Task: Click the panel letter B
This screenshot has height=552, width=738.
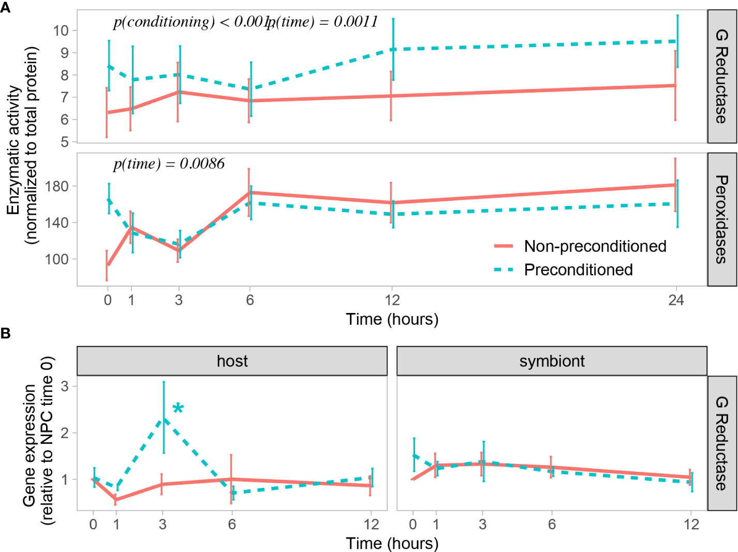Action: [6, 334]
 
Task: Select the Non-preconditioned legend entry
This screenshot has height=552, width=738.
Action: [595, 246]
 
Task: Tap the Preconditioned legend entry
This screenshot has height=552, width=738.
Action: [578, 270]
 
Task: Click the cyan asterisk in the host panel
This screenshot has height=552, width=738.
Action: [178, 409]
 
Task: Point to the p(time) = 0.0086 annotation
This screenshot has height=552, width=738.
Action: [169, 164]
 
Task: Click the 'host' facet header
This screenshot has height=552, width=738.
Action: [232, 361]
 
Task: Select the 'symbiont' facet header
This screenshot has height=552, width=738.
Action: [552, 361]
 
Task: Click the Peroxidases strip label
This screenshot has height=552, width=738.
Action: [721, 219]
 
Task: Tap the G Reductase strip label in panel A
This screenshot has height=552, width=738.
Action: [721, 76]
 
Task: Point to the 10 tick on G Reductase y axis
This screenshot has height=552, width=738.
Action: [61, 31]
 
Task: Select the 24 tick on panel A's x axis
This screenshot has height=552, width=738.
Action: [676, 300]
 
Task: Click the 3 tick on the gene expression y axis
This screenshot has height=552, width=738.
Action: [65, 386]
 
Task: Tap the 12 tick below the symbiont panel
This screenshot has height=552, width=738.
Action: [691, 525]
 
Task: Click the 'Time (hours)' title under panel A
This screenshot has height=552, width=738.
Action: [392, 319]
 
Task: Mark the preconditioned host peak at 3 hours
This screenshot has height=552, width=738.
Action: [164, 420]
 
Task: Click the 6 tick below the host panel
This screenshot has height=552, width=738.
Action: [232, 525]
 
